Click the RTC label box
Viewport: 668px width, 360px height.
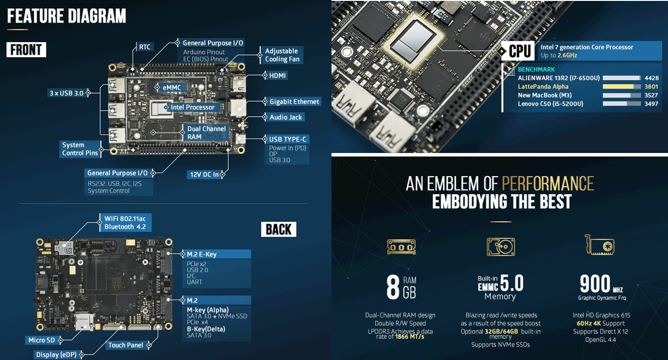145,47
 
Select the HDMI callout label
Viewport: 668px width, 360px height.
277,75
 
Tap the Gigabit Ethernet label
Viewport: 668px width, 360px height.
294,102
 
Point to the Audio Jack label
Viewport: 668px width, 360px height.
286,117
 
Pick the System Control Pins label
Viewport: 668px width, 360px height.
80,149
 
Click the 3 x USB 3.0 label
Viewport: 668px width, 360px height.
66,93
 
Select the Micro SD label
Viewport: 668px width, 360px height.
41,340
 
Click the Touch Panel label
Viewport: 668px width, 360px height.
126,345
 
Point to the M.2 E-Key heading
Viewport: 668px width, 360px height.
202,254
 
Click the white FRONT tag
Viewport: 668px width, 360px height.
26,49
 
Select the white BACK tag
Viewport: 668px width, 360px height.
278,230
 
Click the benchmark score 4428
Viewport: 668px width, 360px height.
651,78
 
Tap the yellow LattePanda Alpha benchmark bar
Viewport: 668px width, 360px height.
618,87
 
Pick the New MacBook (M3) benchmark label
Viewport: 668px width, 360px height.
544,95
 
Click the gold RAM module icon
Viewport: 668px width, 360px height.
401,247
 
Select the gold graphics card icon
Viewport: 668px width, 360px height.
600,246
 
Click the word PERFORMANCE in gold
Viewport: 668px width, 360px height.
548,183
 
